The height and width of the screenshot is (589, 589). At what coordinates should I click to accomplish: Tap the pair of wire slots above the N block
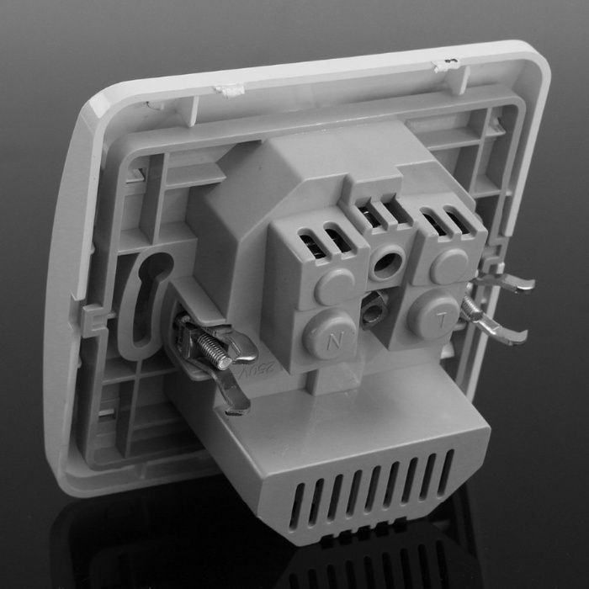pos(323,240)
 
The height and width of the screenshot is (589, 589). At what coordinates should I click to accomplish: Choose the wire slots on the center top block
pos(379,210)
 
